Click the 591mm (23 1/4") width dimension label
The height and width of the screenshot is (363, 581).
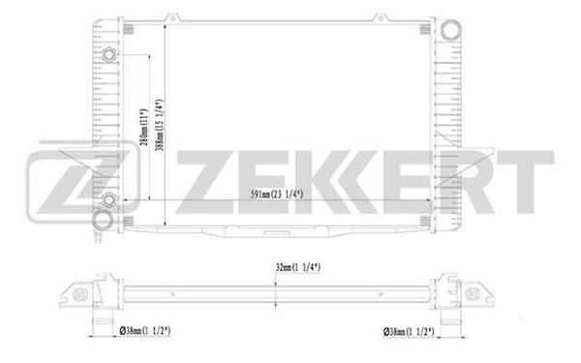[276, 195]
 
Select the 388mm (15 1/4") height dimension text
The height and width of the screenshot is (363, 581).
[160, 125]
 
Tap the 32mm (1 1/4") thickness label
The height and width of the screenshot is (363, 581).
[298, 267]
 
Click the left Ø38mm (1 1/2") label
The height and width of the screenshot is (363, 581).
[145, 331]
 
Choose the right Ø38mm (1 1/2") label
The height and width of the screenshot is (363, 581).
[409, 331]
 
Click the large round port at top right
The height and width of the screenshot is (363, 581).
[450, 30]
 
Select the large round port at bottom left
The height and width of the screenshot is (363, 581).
[102, 221]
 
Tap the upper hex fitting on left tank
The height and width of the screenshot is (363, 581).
[108, 55]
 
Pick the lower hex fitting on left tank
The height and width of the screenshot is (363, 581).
[108, 200]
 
